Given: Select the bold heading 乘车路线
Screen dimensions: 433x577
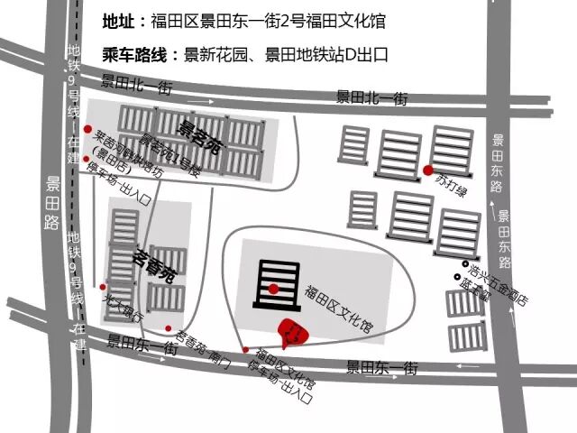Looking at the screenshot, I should (x=135, y=54).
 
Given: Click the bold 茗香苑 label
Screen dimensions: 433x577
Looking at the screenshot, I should (x=154, y=262).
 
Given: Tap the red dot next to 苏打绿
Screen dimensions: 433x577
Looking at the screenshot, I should (x=427, y=169).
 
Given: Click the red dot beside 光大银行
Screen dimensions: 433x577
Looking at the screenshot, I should (x=104, y=286).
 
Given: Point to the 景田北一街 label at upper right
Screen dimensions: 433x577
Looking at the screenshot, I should (x=372, y=97).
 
